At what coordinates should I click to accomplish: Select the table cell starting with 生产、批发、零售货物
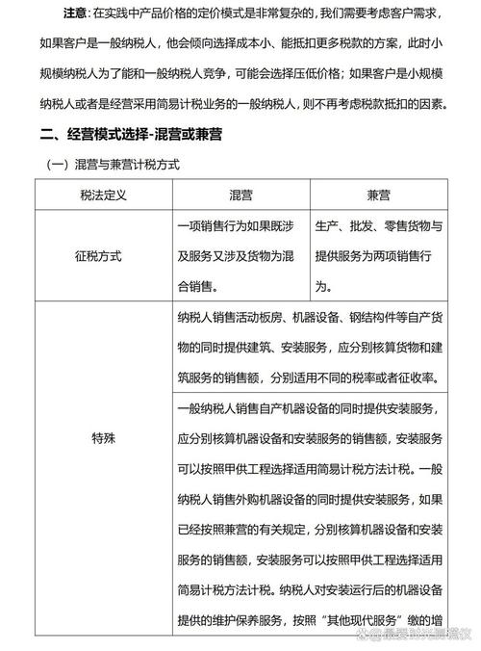pyautogui.click(x=379, y=227)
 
